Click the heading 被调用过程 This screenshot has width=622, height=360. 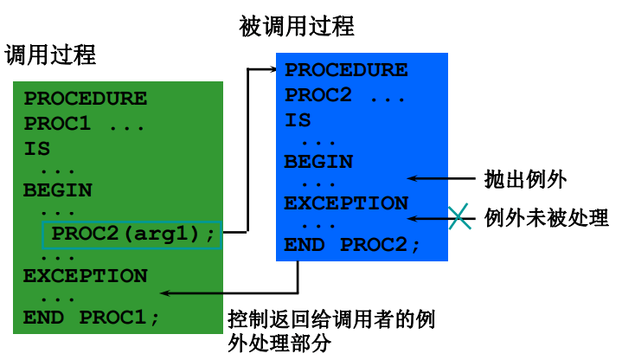(297, 27)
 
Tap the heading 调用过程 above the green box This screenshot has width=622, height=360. (50, 55)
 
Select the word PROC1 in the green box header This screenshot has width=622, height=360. (57, 124)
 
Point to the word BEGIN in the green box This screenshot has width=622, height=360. (58, 190)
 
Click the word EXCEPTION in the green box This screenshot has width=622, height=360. (86, 276)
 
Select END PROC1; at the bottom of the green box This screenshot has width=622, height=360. (92, 318)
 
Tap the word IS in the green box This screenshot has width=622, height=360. (37, 148)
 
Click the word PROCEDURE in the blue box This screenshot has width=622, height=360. (346, 71)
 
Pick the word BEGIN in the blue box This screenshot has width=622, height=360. (318, 162)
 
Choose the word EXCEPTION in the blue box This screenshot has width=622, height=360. (346, 203)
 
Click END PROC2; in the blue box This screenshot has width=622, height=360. (352, 245)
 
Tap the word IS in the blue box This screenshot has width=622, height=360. (298, 120)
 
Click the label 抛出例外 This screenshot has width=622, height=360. (525, 180)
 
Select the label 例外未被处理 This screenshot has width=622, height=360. (546, 217)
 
